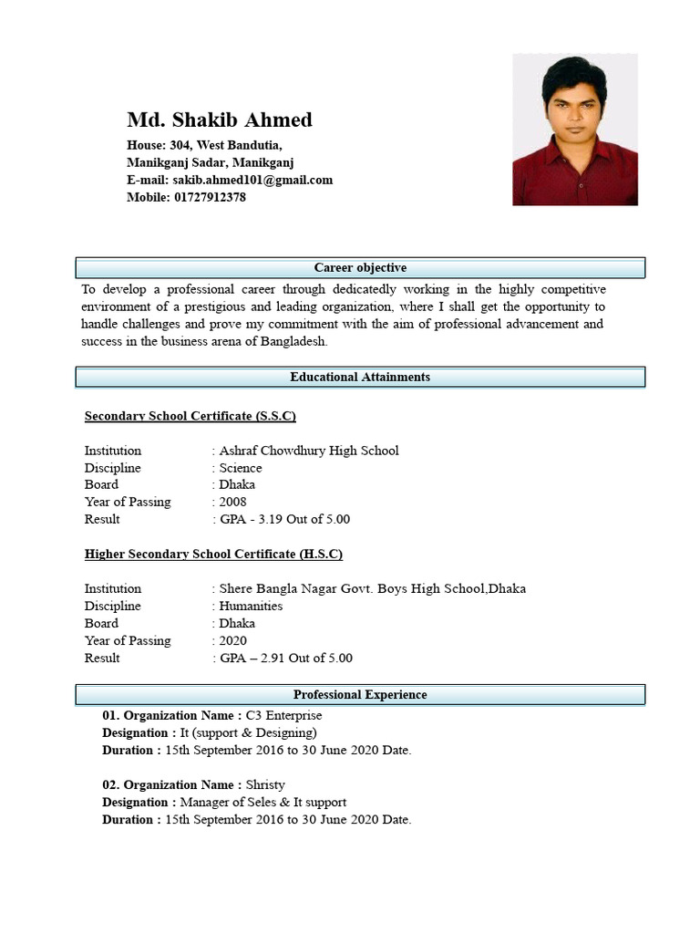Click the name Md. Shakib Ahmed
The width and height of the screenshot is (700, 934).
219,119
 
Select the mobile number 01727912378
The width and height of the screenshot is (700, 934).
210,197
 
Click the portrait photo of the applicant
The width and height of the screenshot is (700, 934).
574,130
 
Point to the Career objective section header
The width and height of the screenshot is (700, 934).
360,267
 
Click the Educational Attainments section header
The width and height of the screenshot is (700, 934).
360,377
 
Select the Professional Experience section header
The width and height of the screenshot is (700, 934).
360,694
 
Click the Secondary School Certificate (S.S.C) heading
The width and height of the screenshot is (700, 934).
190,416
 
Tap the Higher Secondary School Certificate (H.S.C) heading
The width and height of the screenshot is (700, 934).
213,554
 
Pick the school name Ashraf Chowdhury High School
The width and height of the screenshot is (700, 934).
309,451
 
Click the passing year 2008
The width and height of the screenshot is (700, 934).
232,502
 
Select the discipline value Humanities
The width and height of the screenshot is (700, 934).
251,606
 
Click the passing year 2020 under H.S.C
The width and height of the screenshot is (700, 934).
232,640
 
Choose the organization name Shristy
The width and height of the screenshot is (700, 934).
265,784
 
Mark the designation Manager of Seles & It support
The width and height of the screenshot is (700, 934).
262,802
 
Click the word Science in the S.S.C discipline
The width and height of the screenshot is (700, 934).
241,468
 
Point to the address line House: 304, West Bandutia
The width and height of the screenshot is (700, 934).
204,145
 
